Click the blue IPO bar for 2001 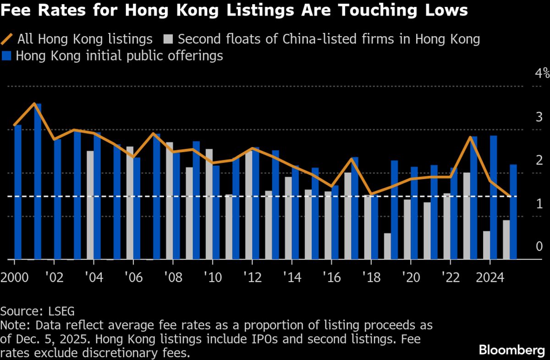pos(38,181)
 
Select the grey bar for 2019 pos(387,246)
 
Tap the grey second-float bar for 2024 pos(486,245)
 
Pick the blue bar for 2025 pos(513,212)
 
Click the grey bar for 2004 pos(90,205)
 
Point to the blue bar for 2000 pos(18,192)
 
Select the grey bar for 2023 pos(467,216)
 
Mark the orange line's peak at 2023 pos(470,137)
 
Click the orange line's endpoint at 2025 pos(510,196)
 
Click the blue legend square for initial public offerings pos(6,56)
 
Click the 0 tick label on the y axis pos(539,246)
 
